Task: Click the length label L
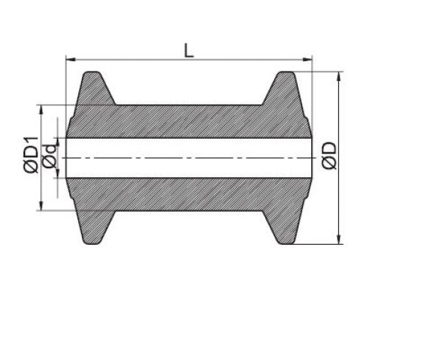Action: (x=189, y=50)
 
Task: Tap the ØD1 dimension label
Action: (x=30, y=154)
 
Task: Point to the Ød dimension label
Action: (x=49, y=156)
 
